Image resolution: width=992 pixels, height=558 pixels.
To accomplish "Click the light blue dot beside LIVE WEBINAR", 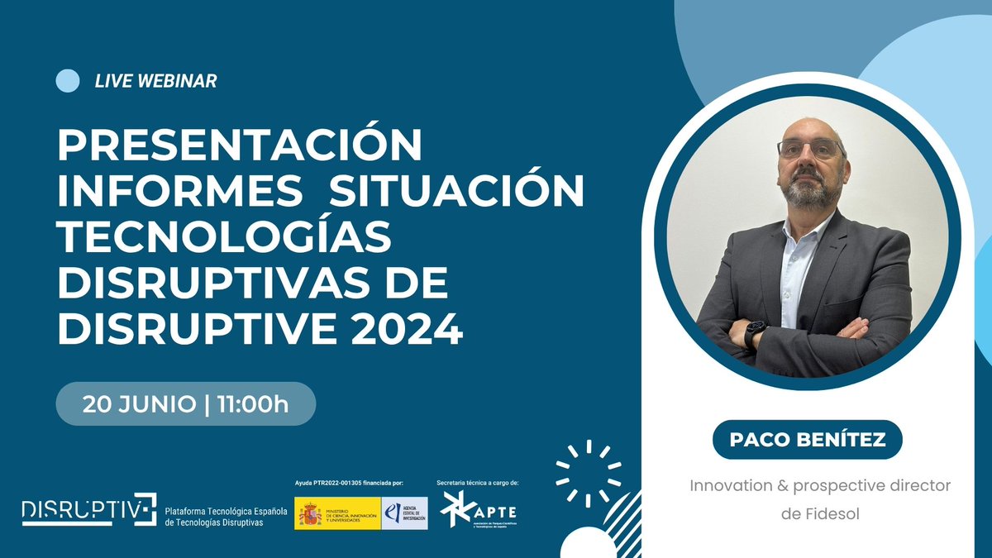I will pos(67,80).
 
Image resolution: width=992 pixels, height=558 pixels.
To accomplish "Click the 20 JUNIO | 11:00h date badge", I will pos(186,404).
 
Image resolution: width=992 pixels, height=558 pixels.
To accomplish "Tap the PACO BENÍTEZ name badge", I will pos(807,439).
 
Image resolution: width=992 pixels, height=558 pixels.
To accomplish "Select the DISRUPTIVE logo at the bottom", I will pos(88,509).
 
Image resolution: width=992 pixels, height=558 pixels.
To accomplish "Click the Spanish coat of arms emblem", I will pos(311,513).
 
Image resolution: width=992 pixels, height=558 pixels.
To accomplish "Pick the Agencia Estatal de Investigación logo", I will pos(404,513).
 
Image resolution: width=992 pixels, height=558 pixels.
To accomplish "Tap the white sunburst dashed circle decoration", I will pos(588,472).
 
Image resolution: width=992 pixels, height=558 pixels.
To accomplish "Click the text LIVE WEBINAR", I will pos(155,81).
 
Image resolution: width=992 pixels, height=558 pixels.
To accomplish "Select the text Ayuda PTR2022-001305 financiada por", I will pos(349,482).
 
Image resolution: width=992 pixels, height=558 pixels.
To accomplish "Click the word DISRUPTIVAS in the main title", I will pos(223,286).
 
